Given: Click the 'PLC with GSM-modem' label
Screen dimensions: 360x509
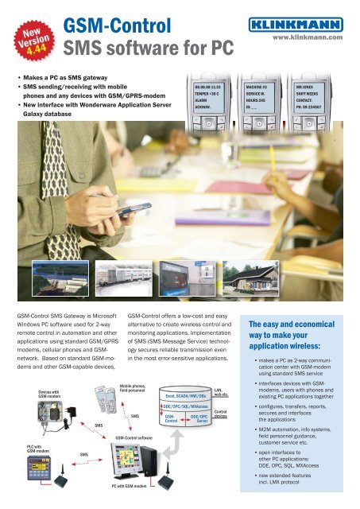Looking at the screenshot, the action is point(24,450).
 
